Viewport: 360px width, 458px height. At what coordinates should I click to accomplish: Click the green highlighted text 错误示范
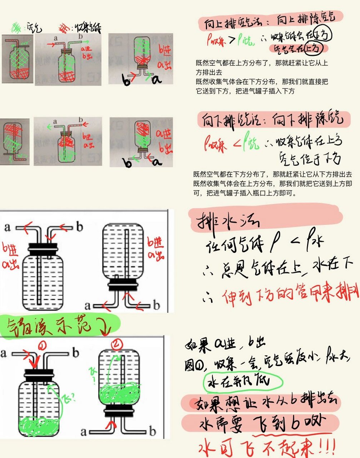tap(54, 326)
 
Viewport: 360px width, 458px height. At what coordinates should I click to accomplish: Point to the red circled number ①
tap(42, 346)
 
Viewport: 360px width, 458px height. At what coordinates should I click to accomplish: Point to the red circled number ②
tap(117, 344)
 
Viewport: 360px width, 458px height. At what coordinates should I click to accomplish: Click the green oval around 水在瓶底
tap(243, 382)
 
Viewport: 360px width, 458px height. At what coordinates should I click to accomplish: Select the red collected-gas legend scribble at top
tap(65, 27)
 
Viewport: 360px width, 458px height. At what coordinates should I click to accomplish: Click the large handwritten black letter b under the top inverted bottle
tap(126, 81)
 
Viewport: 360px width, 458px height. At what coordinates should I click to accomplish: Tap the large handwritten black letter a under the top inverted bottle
tap(157, 79)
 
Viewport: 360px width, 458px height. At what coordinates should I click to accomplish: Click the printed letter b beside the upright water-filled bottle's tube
tap(79, 227)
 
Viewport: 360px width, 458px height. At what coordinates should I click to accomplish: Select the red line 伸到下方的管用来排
tap(286, 295)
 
